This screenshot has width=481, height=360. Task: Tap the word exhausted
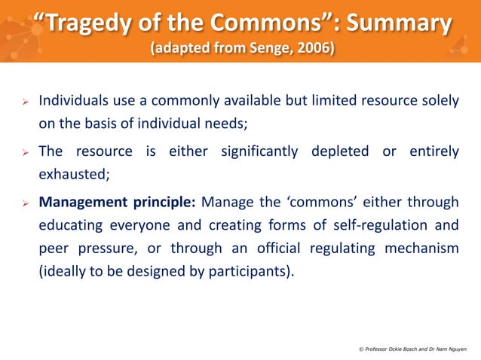[73, 174]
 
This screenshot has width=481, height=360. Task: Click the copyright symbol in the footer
[360, 349]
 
